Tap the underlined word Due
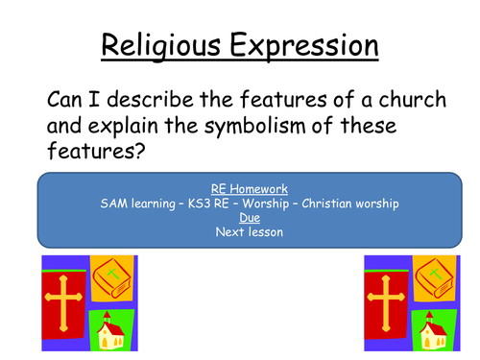point(239,218)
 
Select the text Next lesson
point(239,232)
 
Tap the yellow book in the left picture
point(111,278)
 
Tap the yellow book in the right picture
point(439,278)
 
